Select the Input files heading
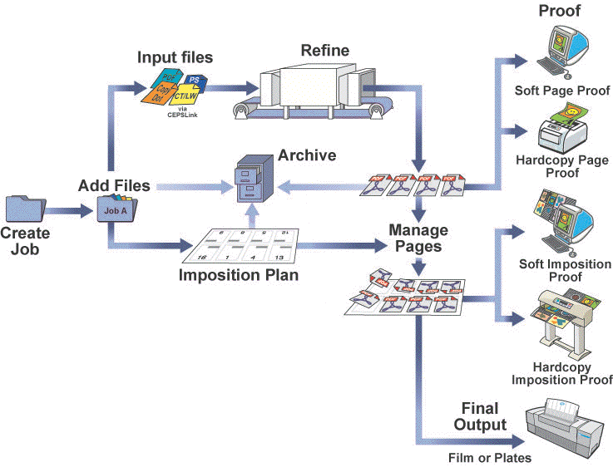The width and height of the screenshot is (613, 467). pos(175,57)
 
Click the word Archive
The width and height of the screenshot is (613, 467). pos(307,155)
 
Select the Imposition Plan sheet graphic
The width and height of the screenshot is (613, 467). pos(241,247)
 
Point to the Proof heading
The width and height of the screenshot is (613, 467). pos(560,10)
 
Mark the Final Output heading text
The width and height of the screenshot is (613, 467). pos(480,416)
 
